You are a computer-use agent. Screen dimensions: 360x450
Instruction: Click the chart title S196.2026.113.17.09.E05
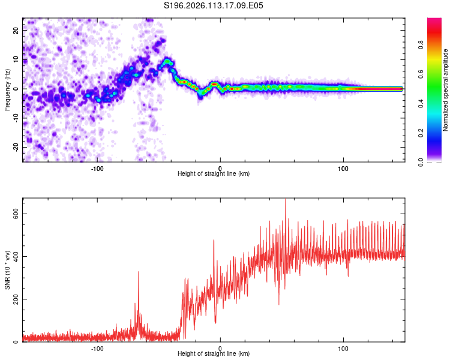tap(214, 5)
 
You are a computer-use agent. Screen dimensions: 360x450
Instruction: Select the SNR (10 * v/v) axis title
tap(7, 270)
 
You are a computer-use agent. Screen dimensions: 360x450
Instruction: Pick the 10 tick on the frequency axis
tap(16, 60)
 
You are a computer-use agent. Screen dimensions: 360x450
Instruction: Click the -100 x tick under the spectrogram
tap(97, 168)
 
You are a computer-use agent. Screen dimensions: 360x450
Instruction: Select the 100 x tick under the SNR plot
tap(343, 348)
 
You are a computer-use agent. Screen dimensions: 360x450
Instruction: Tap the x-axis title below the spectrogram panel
tap(214, 174)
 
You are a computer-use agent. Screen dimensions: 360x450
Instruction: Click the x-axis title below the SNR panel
tap(214, 354)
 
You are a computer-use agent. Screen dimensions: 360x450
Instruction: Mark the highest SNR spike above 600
tap(286, 200)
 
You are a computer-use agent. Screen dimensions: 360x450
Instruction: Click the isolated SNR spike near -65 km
tap(139, 272)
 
